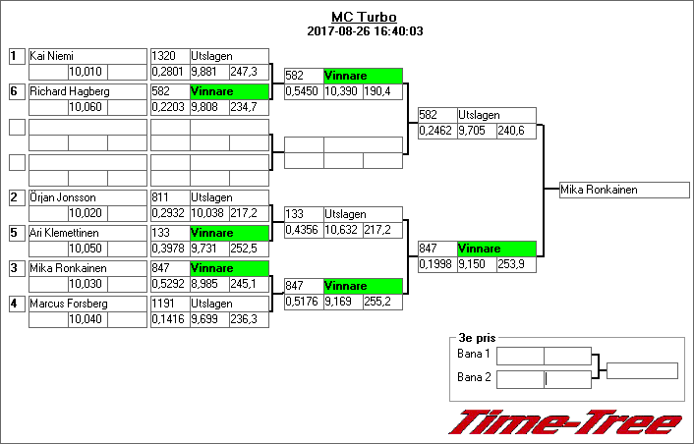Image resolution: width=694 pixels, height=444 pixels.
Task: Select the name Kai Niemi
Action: [x=52, y=56]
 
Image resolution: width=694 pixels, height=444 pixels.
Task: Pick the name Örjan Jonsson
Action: [x=59, y=197]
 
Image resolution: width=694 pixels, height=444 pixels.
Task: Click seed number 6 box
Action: [x=15, y=91]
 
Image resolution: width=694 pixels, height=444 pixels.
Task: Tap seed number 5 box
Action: [x=15, y=233]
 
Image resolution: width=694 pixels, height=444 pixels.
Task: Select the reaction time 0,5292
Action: [x=168, y=284]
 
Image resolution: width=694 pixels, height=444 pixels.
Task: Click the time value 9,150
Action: [x=474, y=266]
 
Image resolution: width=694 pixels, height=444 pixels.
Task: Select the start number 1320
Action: [x=163, y=56]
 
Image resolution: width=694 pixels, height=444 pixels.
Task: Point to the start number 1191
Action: [x=163, y=304]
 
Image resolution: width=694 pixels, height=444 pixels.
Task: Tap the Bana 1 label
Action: [x=474, y=354]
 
